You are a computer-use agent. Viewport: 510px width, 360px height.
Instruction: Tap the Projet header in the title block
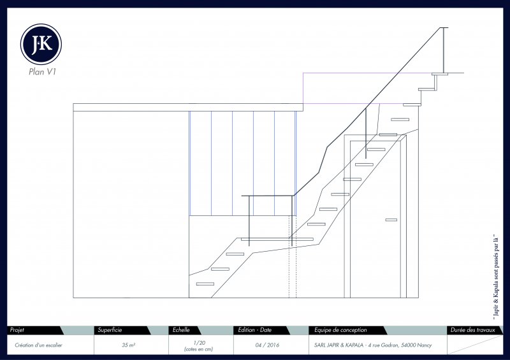(17, 330)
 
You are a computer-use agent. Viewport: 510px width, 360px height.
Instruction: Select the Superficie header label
(110, 330)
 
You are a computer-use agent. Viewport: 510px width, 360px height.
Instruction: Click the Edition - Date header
(254, 330)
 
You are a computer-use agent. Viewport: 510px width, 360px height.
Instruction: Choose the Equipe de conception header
(340, 330)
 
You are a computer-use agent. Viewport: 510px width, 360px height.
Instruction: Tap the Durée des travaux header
(472, 330)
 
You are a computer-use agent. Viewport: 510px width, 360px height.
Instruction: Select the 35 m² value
(127, 345)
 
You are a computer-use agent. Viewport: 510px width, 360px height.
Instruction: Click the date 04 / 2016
(266, 345)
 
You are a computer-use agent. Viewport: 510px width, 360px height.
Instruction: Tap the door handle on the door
(391, 220)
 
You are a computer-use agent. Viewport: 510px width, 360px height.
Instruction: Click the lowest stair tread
(205, 284)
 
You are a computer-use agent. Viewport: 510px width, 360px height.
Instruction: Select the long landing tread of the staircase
(277, 239)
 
